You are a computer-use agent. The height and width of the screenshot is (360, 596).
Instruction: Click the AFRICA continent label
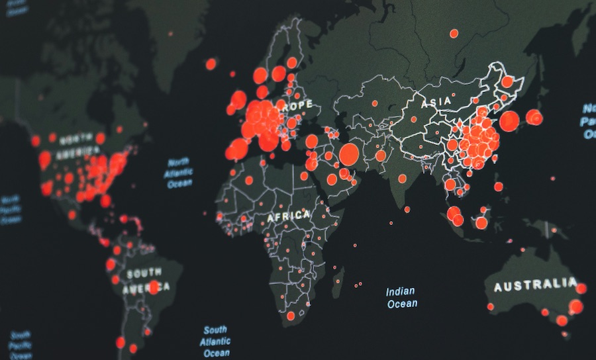[289, 216]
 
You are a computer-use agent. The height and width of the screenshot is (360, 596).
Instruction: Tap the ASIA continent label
[436, 101]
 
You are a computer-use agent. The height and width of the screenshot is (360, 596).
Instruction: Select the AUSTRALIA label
[535, 285]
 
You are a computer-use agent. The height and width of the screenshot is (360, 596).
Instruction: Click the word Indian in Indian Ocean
[401, 291]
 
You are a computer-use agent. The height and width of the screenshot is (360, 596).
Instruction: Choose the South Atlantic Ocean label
[216, 341]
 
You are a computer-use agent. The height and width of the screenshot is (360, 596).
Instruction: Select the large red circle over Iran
[349, 154]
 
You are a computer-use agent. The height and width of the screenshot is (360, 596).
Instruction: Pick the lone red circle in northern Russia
[454, 33]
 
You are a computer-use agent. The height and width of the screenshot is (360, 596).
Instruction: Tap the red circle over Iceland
[211, 64]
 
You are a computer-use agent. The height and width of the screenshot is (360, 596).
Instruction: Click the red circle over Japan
[534, 118]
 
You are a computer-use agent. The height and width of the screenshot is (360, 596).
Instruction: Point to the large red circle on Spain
[236, 150]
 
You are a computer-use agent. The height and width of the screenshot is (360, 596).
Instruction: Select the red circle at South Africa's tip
[290, 316]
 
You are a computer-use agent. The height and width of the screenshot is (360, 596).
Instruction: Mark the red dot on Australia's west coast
[491, 306]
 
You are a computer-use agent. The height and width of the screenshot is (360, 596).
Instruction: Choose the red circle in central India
[402, 178]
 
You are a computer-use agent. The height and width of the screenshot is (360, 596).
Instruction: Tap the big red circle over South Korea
[509, 121]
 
